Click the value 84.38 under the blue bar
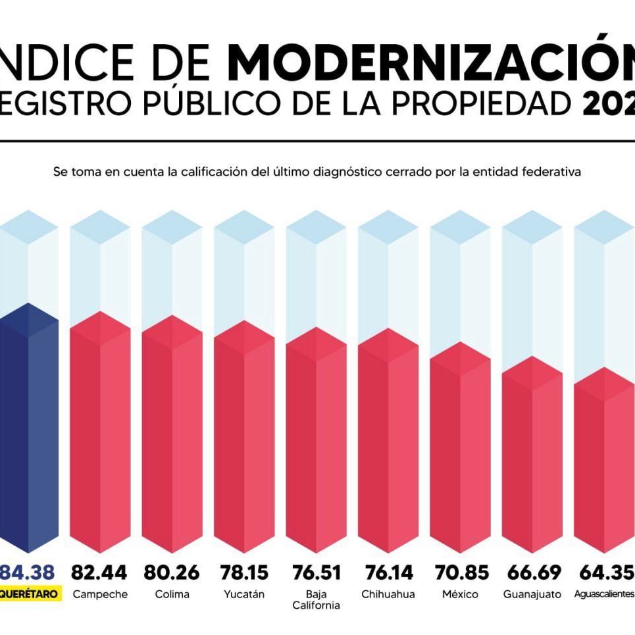pyautogui.click(x=28, y=572)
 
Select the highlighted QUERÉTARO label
pyautogui.click(x=30, y=594)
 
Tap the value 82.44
pyautogui.click(x=99, y=572)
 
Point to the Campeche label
pyautogui.click(x=99, y=594)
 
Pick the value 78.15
pyautogui.click(x=243, y=572)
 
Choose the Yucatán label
pyautogui.click(x=243, y=594)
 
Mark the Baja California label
pyautogui.click(x=316, y=599)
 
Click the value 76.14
pyautogui.click(x=388, y=572)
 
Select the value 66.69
pyautogui.click(x=532, y=572)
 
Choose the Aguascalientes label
pyautogui.click(x=603, y=594)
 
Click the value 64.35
pyautogui.click(x=603, y=572)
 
